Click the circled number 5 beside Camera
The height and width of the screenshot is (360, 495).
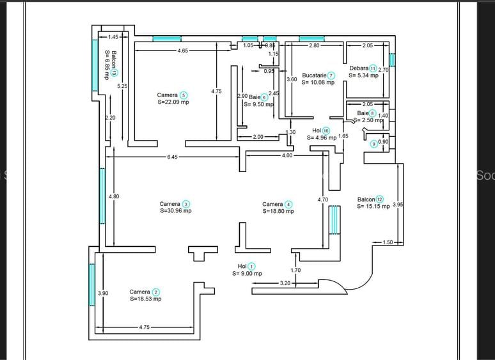click(x=184, y=95)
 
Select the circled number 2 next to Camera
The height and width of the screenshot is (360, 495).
click(x=156, y=292)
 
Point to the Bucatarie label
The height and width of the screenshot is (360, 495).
click(x=314, y=75)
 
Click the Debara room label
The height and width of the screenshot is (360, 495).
click(x=358, y=68)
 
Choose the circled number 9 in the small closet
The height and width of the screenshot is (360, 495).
click(x=374, y=144)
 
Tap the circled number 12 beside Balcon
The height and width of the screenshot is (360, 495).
click(x=380, y=199)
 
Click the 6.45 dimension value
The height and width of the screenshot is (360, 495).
click(x=173, y=157)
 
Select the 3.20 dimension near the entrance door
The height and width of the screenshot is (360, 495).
click(x=285, y=283)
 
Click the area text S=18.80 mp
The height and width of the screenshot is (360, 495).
click(x=278, y=212)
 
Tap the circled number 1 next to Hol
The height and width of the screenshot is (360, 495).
click(x=251, y=266)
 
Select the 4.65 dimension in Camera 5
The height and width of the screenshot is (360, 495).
click(x=183, y=51)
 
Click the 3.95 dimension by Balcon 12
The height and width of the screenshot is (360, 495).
click(x=397, y=205)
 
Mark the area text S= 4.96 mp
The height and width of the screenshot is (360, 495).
click(x=322, y=137)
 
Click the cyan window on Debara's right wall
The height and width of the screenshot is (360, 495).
click(x=392, y=60)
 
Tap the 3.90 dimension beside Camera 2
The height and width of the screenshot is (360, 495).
click(x=102, y=293)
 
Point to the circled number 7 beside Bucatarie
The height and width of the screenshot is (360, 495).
click(x=331, y=75)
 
